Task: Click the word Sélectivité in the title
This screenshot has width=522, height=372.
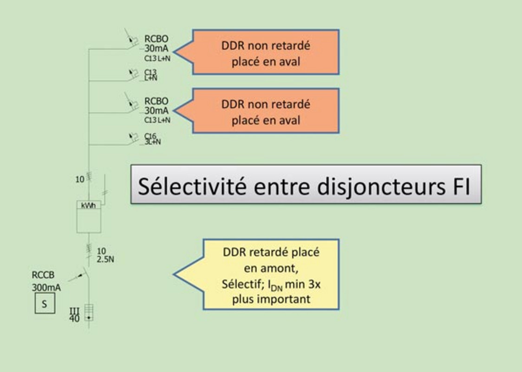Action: click(192, 186)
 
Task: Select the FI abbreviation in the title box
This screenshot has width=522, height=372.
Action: click(462, 186)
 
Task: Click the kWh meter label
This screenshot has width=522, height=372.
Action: click(88, 206)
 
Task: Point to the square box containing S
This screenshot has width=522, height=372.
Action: click(45, 303)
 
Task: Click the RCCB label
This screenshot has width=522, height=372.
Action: click(43, 275)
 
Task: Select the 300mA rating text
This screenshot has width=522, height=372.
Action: click(46, 287)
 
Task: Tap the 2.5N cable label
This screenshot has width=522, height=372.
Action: click(105, 259)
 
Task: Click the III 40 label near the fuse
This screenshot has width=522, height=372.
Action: click(74, 315)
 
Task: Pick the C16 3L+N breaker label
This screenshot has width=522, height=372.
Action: click(152, 139)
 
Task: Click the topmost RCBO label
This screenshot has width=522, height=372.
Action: click(156, 39)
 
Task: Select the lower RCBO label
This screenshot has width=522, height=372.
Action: click(156, 101)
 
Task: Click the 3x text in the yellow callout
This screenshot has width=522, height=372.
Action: click(314, 284)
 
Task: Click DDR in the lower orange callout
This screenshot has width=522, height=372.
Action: click(233, 104)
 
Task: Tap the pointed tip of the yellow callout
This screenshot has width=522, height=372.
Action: click(174, 274)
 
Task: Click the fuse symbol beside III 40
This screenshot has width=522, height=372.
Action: click(89, 312)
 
